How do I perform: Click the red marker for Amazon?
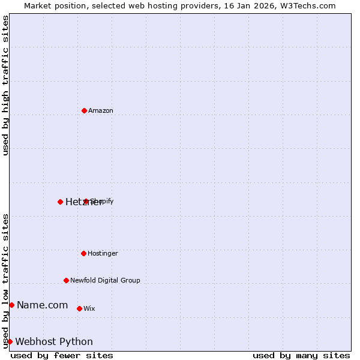point(84,110)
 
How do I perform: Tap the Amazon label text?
point(101,110)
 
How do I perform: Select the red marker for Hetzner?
point(60,202)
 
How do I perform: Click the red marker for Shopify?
point(86,201)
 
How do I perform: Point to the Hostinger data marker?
point(83,253)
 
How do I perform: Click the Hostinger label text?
point(103,254)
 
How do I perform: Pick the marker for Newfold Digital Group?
point(66,280)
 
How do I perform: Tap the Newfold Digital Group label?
point(105,280)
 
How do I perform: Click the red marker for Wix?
point(79,308)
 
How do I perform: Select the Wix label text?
point(89,308)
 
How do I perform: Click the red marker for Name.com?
point(11,305)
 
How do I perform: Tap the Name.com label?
point(42,305)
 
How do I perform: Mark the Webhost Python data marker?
point(10,341)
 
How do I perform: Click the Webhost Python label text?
point(54,342)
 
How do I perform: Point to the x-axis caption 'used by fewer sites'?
point(62,355)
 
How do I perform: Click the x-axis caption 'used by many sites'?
point(301,355)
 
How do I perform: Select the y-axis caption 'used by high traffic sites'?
point(5,85)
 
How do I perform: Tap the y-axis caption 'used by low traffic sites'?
point(5,280)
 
